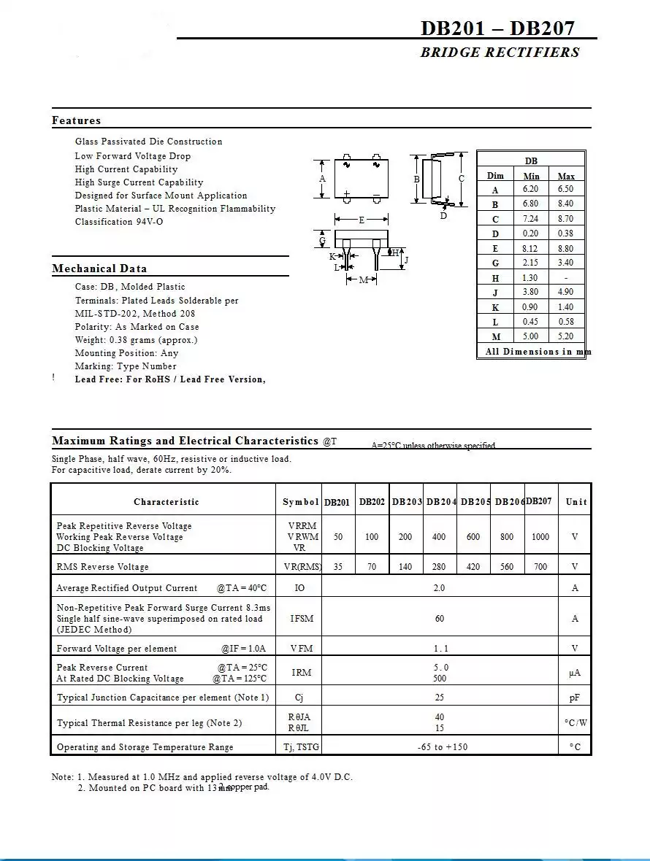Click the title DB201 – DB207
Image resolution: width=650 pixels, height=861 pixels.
click(497, 28)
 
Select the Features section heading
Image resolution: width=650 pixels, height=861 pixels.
click(77, 120)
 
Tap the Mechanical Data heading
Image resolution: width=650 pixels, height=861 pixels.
click(99, 269)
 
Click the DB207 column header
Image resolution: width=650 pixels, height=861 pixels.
click(539, 501)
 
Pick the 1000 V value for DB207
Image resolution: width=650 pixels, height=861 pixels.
click(540, 537)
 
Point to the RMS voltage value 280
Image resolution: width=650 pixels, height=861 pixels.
click(439, 567)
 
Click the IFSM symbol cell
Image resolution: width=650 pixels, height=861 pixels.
click(302, 619)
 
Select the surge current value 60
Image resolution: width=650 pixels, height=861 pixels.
click(440, 619)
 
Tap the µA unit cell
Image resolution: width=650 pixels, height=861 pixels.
click(575, 673)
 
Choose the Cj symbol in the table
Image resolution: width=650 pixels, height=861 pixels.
click(299, 698)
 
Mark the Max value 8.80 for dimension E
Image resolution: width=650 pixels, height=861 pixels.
click(565, 248)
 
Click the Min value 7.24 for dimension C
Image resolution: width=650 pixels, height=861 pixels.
click(530, 219)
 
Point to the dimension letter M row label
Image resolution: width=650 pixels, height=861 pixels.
click(496, 337)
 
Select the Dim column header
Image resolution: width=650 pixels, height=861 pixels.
click(495, 176)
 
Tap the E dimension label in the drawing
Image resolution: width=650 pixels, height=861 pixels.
click(362, 220)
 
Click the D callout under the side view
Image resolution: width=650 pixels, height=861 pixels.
click(443, 216)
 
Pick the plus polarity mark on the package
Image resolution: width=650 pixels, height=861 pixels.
click(347, 193)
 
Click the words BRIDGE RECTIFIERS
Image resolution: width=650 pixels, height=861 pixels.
click(500, 53)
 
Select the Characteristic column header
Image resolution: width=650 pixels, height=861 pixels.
click(166, 502)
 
